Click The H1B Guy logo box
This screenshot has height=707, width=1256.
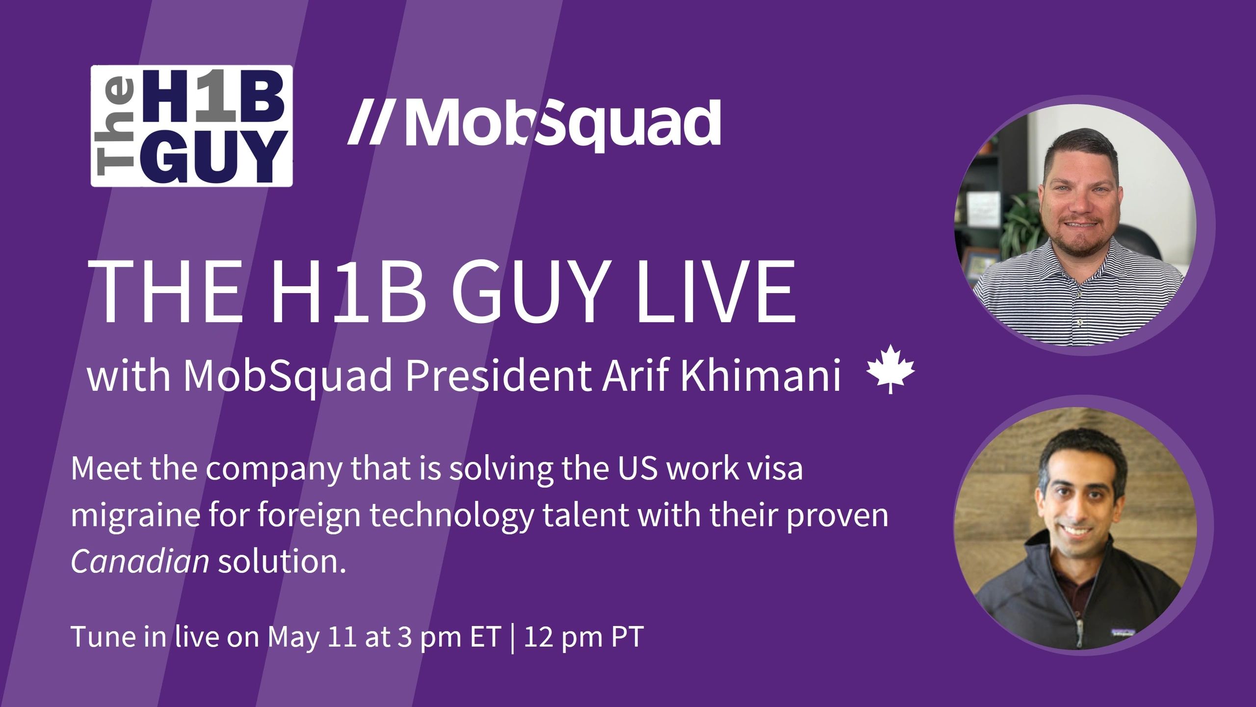tap(191, 126)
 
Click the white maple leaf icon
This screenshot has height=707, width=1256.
tap(890, 368)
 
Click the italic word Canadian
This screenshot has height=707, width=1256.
tap(140, 561)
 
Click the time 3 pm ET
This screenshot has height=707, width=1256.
tap(448, 637)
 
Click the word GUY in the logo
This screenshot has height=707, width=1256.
tap(216, 157)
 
